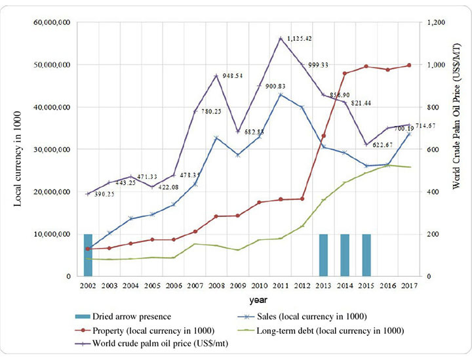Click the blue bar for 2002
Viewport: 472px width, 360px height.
[88, 255]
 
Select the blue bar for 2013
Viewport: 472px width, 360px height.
[323, 255]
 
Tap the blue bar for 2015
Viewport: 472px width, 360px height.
[366, 255]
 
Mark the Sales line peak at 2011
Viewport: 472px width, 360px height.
[281, 94]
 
